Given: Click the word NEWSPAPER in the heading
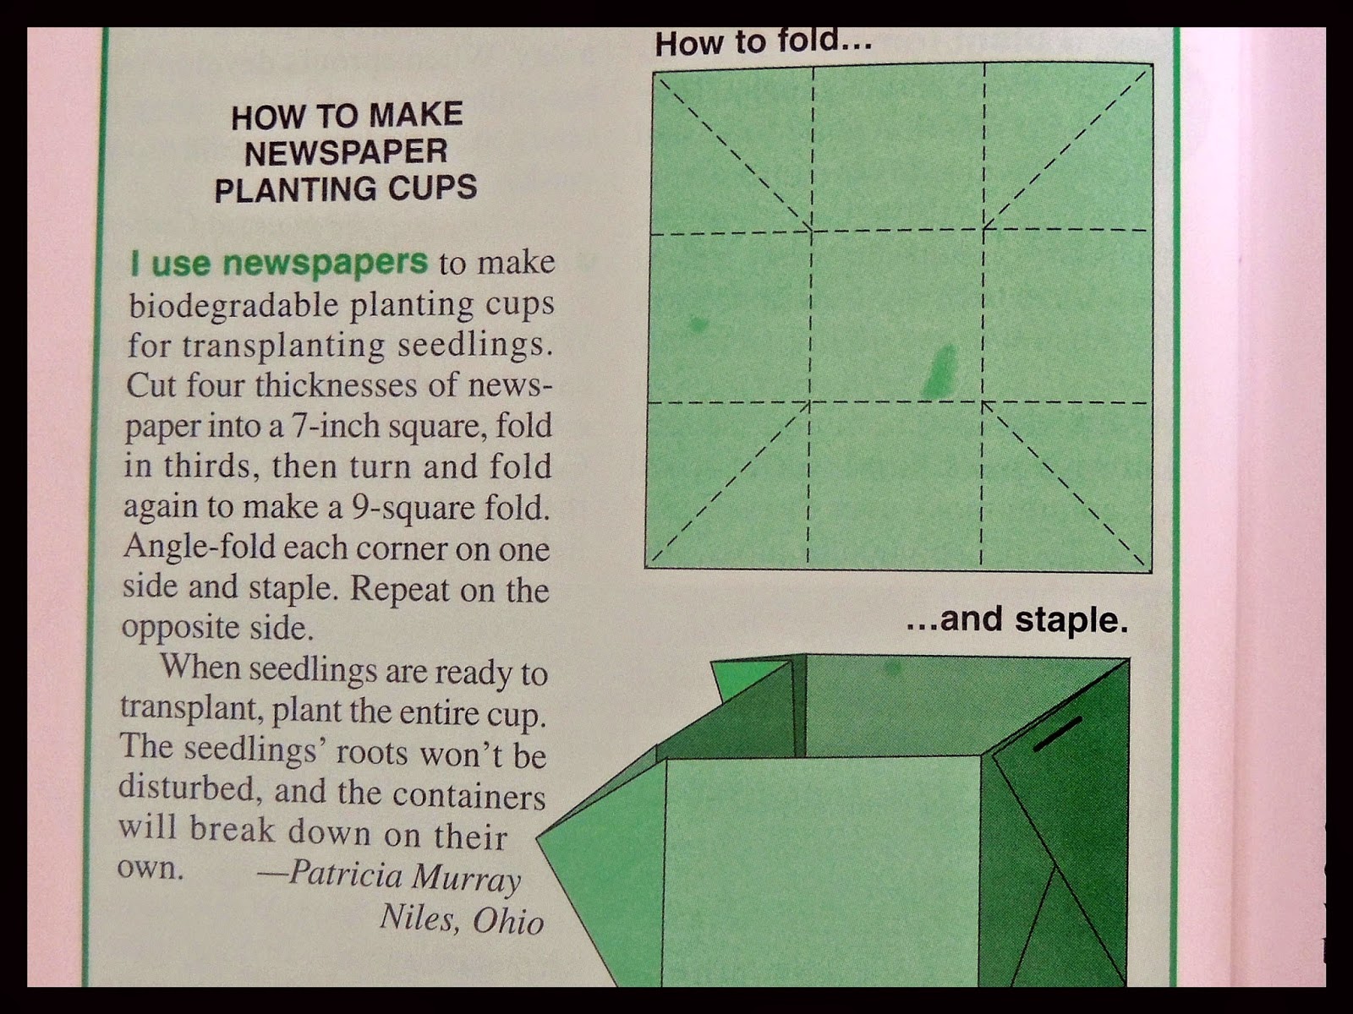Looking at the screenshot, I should [346, 152].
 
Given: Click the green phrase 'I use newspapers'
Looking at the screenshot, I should [279, 264].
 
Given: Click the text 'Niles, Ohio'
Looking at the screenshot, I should [461, 919].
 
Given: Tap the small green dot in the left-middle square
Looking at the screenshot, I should [698, 322].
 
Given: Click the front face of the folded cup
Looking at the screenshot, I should [820, 870].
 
